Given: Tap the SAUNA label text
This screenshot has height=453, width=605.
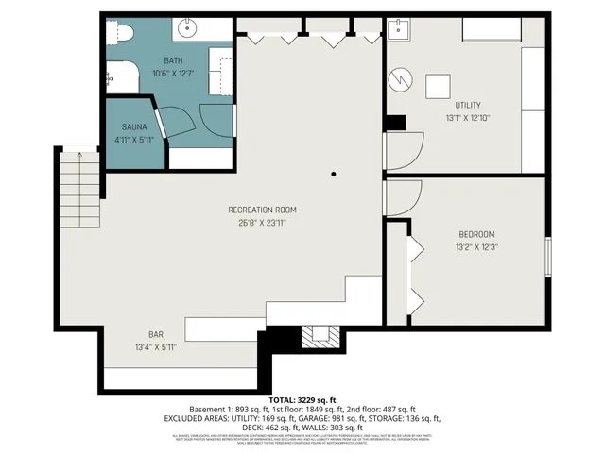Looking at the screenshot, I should tap(132, 127).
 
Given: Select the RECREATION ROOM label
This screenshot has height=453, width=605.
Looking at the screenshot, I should tap(262, 210).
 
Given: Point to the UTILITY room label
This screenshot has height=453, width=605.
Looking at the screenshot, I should tap(467, 105).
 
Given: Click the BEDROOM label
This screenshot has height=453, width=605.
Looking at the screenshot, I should tap(476, 234).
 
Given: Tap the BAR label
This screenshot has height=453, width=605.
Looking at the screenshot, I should tap(156, 334).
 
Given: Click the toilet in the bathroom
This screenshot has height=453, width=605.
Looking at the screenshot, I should tap(117, 34).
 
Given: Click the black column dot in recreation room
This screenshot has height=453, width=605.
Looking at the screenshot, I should tap(333, 175).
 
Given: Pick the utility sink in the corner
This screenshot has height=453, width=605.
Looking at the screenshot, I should tap(400, 29).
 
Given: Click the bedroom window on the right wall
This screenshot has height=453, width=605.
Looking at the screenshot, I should tap(547, 257).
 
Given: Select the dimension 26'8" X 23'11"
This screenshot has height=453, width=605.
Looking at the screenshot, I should tap(262, 224).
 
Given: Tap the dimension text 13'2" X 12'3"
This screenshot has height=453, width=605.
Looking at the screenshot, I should tap(476, 247).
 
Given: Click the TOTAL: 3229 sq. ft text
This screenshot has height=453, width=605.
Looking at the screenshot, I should tap(302, 399).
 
